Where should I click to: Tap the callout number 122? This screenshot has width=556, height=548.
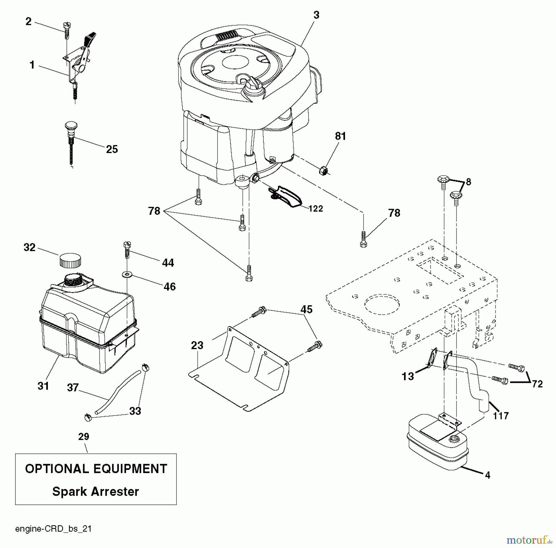[x=316, y=209]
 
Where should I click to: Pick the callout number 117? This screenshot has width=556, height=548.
[x=501, y=416]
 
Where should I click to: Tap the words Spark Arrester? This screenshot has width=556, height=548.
[x=95, y=491]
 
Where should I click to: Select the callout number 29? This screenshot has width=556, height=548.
[x=84, y=437]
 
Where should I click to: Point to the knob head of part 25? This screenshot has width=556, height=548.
[x=71, y=126]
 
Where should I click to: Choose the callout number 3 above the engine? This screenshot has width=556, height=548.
[x=316, y=15]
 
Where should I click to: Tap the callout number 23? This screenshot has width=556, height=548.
[x=197, y=345]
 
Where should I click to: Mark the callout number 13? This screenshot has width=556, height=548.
[x=408, y=376]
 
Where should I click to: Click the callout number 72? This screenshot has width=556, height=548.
[x=537, y=384]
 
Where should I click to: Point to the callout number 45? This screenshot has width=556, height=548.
[x=306, y=309]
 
